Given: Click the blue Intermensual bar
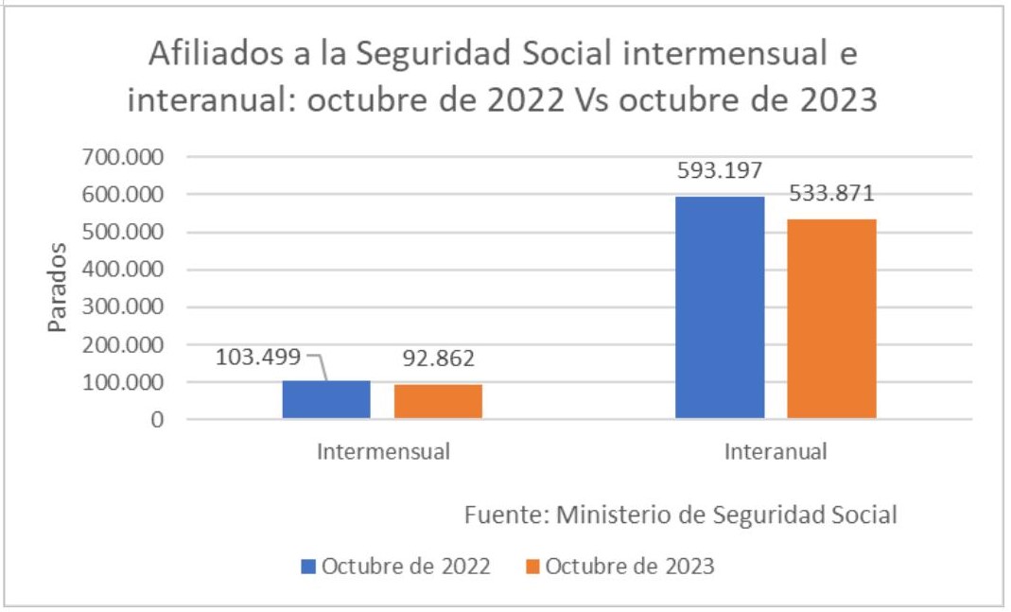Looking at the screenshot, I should (326, 400).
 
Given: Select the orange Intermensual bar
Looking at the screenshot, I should (438, 402).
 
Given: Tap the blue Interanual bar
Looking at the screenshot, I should (720, 307).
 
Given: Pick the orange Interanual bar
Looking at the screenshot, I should (831, 319).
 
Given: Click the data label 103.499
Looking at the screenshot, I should (258, 358).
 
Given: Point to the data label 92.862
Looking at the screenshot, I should (438, 358).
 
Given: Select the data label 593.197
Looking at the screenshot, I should (719, 171).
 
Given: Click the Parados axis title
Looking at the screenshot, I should (59, 288).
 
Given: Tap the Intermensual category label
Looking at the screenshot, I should (383, 451).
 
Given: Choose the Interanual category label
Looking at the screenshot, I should (776, 451).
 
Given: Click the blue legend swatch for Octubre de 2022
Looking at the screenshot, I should (308, 567).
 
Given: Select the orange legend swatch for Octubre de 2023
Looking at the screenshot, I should (532, 567).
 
